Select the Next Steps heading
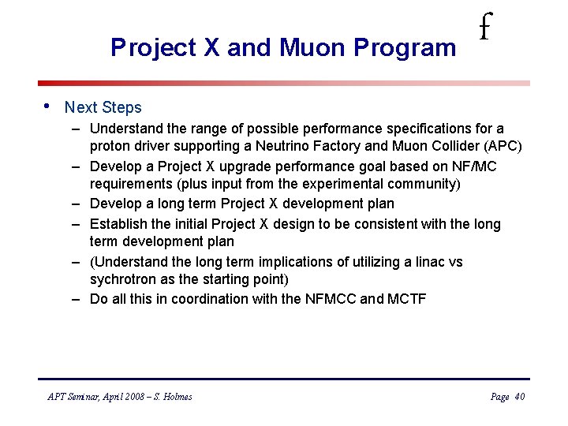click(x=103, y=107)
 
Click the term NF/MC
click(x=474, y=166)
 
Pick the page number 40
click(x=519, y=397)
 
